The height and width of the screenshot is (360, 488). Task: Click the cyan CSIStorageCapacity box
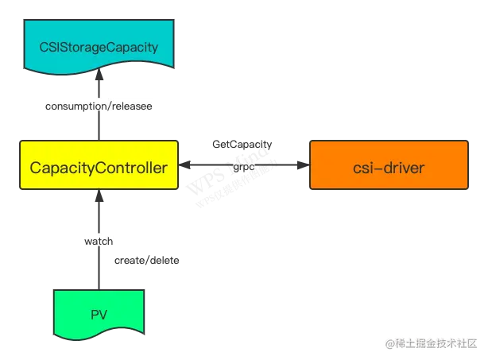point(99,47)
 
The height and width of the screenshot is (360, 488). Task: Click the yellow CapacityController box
point(99,166)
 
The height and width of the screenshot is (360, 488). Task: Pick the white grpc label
point(242,168)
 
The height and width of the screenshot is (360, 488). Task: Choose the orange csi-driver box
point(388,166)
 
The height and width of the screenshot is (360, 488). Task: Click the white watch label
point(99,238)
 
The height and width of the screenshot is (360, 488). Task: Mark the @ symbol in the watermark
point(389,343)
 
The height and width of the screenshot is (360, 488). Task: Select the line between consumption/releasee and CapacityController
point(99,127)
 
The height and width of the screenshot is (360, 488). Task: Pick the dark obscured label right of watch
point(149,260)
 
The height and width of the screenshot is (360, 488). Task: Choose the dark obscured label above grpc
point(242,146)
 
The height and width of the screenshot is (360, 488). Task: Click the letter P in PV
point(93,314)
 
